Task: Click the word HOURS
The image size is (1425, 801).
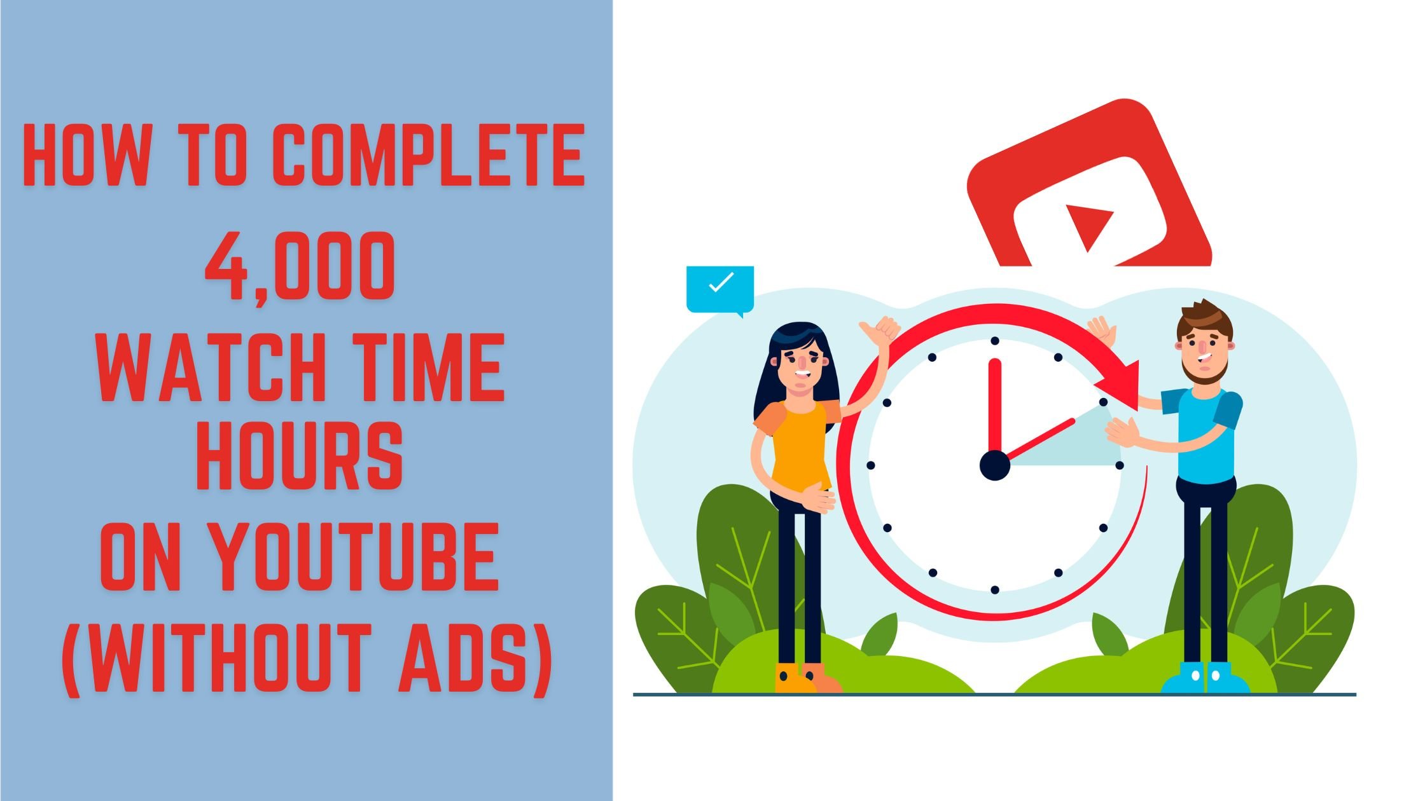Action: click(300, 456)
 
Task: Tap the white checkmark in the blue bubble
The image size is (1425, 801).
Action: click(721, 282)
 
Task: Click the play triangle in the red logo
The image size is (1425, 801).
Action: click(1088, 226)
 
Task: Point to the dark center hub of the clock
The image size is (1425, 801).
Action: click(994, 465)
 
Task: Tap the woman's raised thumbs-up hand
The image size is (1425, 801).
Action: click(879, 331)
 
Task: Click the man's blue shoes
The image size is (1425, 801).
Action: click(1206, 678)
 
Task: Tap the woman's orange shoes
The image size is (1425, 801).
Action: click(807, 678)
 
